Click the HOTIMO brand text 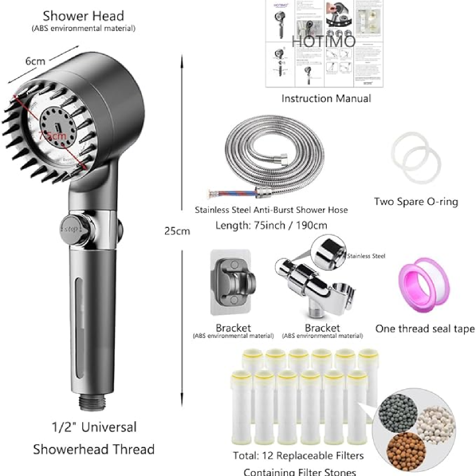point(324,41)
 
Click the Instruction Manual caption point(326,98)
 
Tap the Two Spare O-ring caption point(416,202)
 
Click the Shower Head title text point(83,16)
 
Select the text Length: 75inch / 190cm point(271,226)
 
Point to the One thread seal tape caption point(425,328)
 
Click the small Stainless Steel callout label point(366,256)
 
